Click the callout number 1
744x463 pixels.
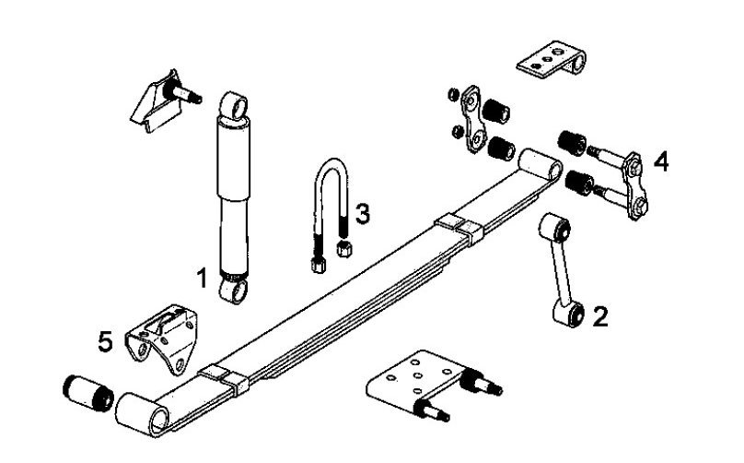point(202,276)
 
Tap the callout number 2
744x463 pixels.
point(600,318)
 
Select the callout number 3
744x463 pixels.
point(363,214)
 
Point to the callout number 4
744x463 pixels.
point(660,161)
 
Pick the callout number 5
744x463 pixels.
point(106,341)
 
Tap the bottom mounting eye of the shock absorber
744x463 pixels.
point(234,291)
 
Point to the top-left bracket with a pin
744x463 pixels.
point(164,99)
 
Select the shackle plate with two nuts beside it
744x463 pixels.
point(477,121)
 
